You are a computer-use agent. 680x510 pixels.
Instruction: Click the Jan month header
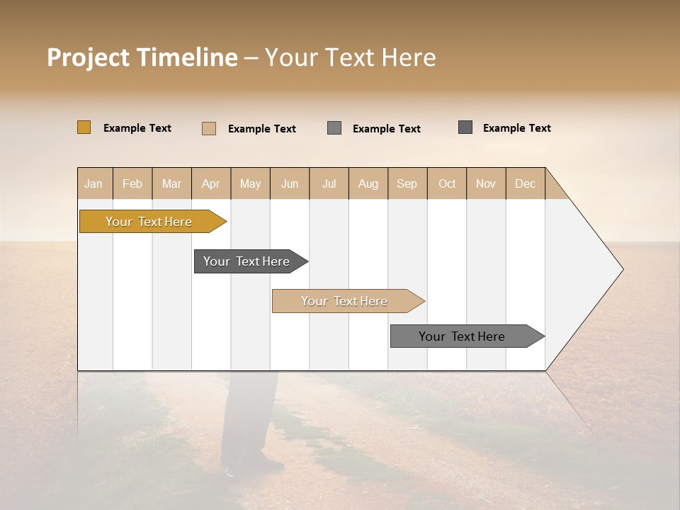pos(94,183)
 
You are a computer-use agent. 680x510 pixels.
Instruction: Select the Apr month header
pos(211,183)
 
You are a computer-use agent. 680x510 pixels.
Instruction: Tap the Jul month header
pos(329,183)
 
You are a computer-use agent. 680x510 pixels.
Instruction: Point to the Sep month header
pos(407,183)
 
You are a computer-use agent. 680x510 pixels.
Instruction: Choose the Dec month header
pos(525,183)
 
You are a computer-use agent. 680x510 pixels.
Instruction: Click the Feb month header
pos(132,183)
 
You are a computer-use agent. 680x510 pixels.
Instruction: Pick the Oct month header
pos(447,183)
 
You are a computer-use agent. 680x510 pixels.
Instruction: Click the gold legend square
pos(84,127)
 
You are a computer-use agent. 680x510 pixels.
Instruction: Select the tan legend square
pos(209,128)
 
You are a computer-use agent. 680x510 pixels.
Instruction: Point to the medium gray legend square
pos(334,127)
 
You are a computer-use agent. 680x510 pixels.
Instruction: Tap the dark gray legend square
pos(465,127)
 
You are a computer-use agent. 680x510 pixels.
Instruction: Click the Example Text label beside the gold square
pos(137,128)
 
